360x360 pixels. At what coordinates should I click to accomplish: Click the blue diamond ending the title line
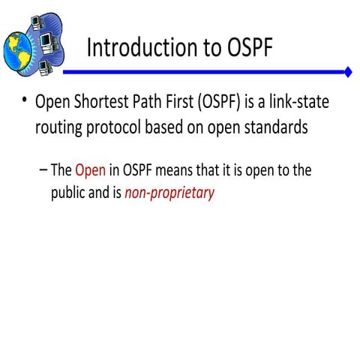[348, 72]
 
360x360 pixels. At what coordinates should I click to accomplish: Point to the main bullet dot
[25, 101]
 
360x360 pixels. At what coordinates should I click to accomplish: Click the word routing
[61, 127]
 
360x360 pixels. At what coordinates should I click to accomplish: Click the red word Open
[90, 169]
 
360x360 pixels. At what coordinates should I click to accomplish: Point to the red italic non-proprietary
[169, 192]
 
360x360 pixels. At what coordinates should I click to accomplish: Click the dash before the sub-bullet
[41, 169]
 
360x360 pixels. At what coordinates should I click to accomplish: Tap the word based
[177, 127]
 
